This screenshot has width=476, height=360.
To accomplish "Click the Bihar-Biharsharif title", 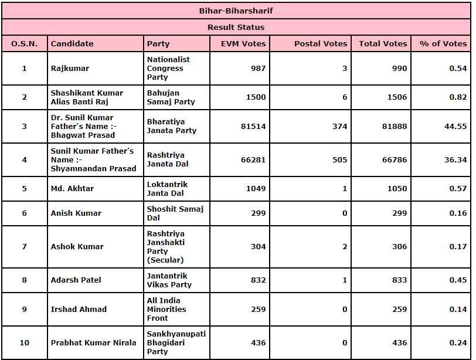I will pyautogui.click(x=236, y=11).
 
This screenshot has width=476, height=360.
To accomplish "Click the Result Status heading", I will pyautogui.click(x=236, y=27).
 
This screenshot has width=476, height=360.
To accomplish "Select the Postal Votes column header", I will pyautogui.click(x=321, y=43).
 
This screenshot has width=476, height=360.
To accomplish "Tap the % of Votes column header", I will pyautogui.click(x=443, y=43).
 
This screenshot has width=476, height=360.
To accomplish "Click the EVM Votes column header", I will pyautogui.click(x=243, y=43).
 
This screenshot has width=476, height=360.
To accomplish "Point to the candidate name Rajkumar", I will pyautogui.click(x=70, y=69).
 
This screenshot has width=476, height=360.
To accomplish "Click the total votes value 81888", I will pyautogui.click(x=391, y=126).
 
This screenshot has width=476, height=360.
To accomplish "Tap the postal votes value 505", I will pyautogui.click(x=339, y=159).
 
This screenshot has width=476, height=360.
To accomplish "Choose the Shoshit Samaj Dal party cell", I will pyautogui.click(x=175, y=213).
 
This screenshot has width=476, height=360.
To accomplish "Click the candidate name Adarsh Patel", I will pyautogui.click(x=76, y=280).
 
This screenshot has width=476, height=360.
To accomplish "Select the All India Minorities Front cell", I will pyautogui.click(x=166, y=309).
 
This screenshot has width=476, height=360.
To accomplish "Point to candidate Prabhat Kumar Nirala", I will pyautogui.click(x=93, y=343).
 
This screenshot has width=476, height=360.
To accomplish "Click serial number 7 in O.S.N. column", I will pyautogui.click(x=25, y=247).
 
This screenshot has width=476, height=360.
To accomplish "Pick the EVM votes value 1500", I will pyautogui.click(x=255, y=97).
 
